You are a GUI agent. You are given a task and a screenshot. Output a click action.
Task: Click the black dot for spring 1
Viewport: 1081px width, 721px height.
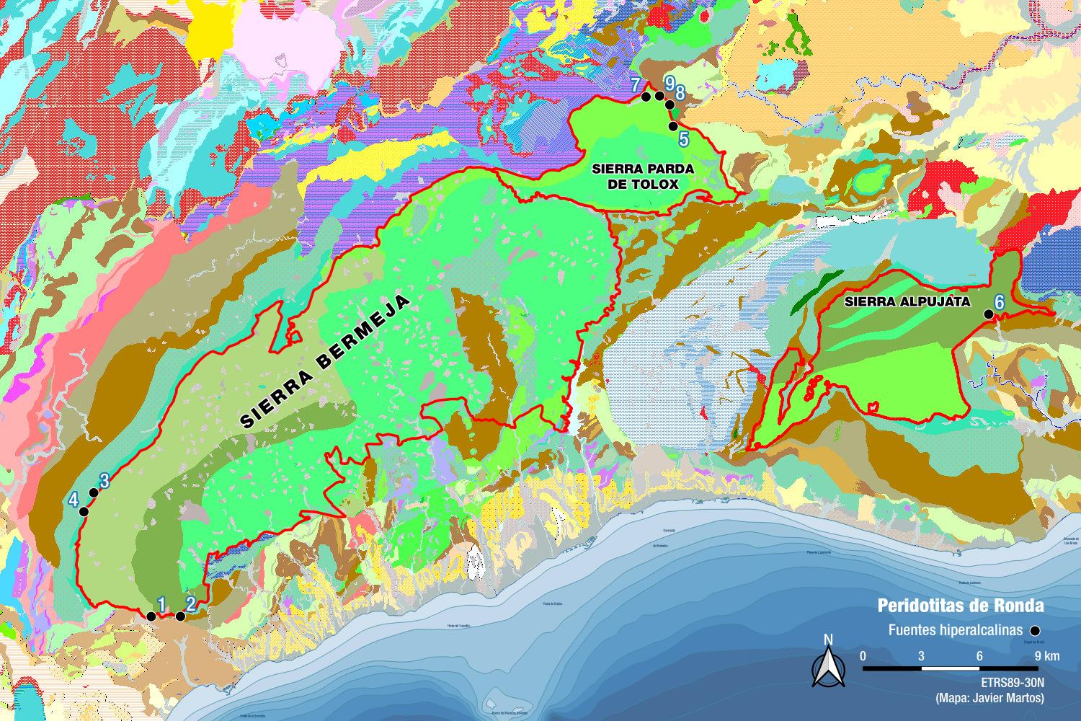click(x=151, y=616)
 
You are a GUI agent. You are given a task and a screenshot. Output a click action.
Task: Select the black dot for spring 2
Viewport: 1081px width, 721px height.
click(x=180, y=616)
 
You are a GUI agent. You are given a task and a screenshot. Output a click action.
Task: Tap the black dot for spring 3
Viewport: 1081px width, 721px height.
click(x=93, y=492)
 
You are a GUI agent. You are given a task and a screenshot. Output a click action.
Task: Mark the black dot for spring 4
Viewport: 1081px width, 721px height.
click(x=84, y=511)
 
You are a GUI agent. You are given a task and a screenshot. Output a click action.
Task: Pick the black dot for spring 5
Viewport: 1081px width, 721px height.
click(x=672, y=125)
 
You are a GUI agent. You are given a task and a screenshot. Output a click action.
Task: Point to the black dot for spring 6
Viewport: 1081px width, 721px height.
click(x=988, y=314)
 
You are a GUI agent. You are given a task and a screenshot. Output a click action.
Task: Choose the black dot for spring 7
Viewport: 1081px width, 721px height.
click(x=646, y=97)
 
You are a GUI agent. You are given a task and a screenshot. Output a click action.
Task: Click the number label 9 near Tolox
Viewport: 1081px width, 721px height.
click(x=669, y=84)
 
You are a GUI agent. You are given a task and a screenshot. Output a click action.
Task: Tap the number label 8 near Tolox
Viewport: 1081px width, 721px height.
click(x=680, y=93)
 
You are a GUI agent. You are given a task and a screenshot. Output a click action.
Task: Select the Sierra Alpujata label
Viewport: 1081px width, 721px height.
click(x=907, y=301)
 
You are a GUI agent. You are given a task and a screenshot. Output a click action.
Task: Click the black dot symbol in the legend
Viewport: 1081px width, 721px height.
click(x=1036, y=629)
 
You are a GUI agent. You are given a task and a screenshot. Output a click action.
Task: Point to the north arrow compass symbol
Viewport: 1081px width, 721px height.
click(x=828, y=662)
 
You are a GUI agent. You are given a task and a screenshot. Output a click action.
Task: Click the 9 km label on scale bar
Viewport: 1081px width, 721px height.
click(x=1046, y=656)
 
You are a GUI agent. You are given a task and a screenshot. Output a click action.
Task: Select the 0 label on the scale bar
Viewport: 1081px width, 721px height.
click(x=863, y=656)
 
